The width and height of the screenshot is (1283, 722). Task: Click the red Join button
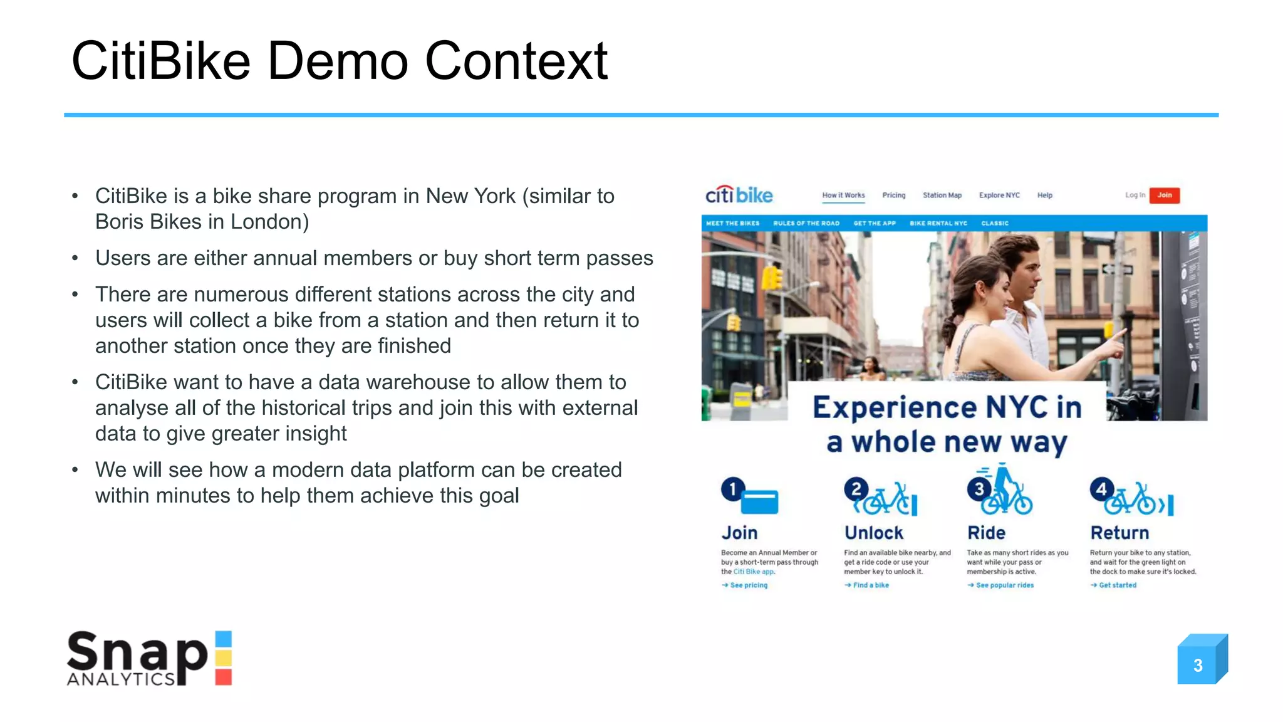1164,196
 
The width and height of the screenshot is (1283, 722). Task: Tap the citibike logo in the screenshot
739,196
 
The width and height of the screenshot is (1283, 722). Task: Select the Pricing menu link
893,196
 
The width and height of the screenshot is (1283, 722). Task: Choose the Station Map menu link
942,196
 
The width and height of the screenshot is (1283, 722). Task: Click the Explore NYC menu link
999,196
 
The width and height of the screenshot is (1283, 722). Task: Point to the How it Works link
843,196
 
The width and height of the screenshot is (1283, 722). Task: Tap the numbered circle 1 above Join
732,489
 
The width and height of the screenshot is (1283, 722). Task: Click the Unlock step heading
874,533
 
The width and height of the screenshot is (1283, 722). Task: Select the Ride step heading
986,533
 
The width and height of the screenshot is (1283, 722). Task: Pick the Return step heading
1119,533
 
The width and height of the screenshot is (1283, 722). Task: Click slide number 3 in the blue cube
1198,665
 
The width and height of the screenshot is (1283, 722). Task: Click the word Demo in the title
338,61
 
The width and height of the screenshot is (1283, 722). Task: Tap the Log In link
1135,196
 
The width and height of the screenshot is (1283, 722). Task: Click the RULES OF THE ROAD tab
806,224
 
